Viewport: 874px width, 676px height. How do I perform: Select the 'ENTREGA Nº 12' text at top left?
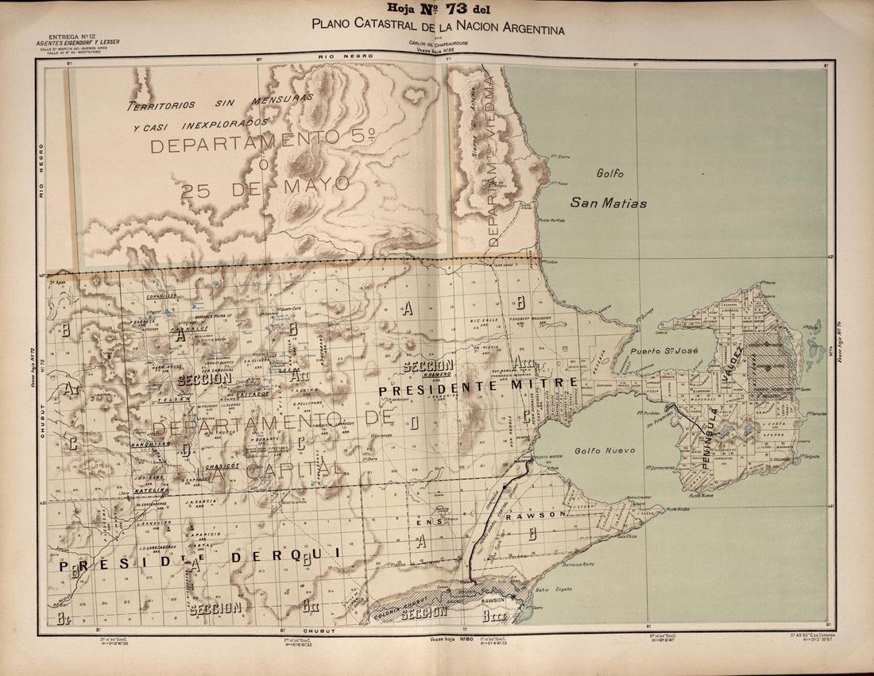tap(72, 37)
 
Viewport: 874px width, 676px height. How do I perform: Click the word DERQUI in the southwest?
tap(284, 557)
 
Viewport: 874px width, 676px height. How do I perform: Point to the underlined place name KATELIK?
tap(149, 492)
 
